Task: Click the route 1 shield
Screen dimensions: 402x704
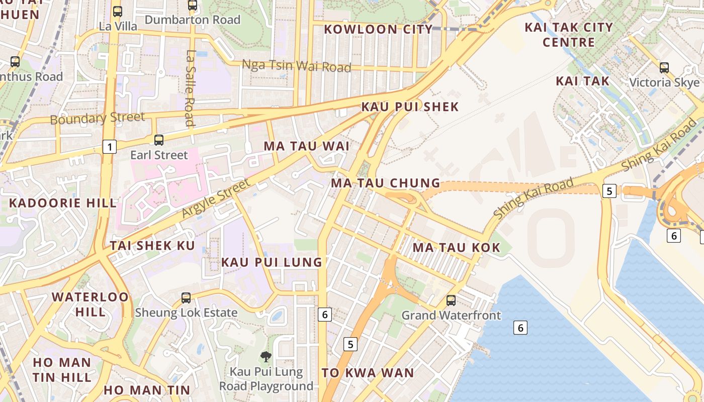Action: (109, 147)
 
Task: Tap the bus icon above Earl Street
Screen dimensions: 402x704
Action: (159, 140)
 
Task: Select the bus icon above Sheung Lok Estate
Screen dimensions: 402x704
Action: (186, 298)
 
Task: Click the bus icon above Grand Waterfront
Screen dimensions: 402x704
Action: (451, 300)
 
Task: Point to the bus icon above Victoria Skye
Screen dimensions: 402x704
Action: (664, 67)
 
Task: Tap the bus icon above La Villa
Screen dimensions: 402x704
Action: (118, 11)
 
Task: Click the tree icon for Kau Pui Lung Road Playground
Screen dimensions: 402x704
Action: (266, 357)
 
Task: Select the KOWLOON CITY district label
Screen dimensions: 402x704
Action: (378, 29)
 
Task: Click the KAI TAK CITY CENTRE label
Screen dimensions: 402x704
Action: (569, 35)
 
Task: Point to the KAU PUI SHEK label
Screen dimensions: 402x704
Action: (410, 107)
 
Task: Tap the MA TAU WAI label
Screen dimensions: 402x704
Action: (306, 146)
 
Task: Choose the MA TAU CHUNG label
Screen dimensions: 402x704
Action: (385, 183)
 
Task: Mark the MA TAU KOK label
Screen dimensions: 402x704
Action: (456, 247)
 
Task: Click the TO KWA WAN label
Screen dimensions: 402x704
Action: (368, 373)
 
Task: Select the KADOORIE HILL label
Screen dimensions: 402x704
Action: (63, 203)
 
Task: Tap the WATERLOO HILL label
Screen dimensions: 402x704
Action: (91, 304)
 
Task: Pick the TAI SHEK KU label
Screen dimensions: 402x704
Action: (152, 246)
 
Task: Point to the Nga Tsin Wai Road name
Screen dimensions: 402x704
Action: (296, 66)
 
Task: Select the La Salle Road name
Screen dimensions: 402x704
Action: (190, 88)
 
